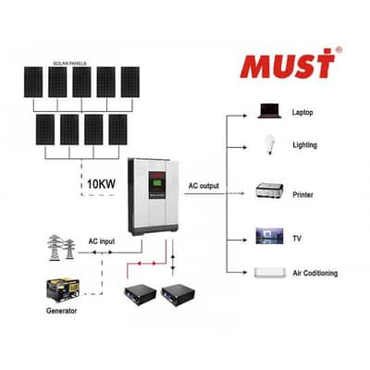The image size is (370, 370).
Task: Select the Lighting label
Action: (x=303, y=145)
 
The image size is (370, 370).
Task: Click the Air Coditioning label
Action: (x=314, y=273)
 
